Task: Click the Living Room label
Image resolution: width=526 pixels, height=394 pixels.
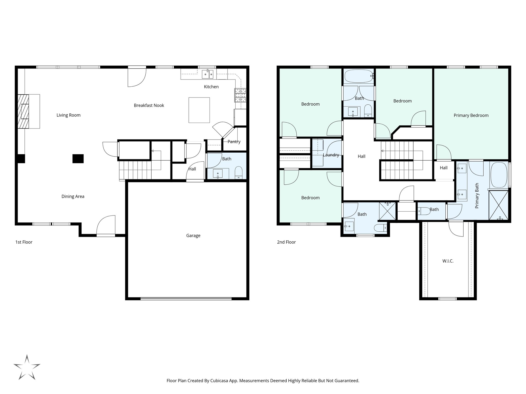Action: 68,115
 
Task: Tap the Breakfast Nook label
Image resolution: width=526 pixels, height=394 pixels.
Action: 149,105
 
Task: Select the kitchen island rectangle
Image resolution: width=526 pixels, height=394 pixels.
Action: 199,110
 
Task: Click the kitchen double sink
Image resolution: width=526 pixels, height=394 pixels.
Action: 208,74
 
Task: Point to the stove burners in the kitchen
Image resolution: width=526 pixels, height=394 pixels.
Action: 240,95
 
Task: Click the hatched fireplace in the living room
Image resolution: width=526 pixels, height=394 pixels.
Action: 23,111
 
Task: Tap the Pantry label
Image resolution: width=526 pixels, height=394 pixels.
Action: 234,142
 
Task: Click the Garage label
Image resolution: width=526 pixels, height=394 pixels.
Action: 193,235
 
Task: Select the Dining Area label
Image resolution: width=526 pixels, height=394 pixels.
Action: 73,196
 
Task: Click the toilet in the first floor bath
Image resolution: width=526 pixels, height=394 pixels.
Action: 239,173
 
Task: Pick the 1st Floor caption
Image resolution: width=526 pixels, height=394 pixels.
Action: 24,242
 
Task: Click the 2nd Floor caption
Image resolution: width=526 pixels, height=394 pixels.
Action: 286,242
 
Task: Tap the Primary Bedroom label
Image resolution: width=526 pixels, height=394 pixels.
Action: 471,115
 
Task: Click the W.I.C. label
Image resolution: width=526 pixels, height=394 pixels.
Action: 448,261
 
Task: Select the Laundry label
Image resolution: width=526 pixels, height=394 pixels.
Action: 331,155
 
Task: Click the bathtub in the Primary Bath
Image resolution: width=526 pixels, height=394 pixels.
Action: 499,175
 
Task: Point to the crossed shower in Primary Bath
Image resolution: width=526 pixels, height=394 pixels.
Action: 498,205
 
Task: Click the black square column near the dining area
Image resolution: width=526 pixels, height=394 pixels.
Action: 78,159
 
